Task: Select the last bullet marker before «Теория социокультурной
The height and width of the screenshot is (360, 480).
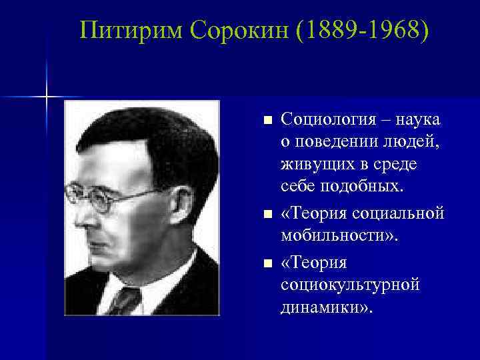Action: click(267, 265)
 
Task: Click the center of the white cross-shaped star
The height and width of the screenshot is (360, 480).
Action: click(47, 97)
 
